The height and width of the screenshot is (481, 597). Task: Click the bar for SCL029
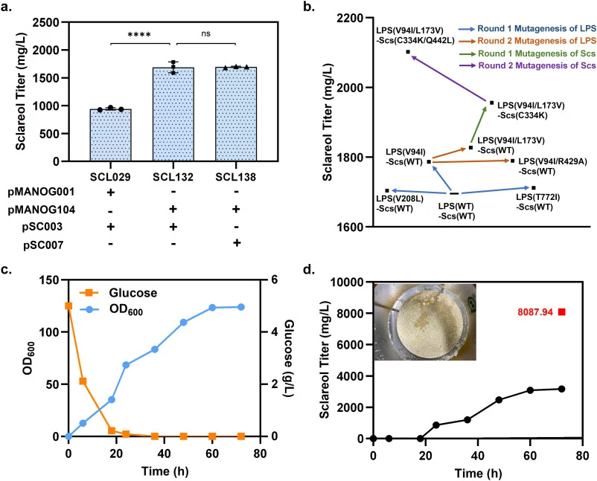[110, 135]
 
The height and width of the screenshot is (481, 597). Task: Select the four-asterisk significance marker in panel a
[139, 35]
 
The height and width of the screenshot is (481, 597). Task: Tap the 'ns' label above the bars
[205, 34]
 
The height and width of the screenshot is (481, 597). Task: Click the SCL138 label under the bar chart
[236, 177]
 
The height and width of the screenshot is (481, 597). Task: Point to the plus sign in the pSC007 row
[237, 243]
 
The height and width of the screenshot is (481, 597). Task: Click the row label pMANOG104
[42, 210]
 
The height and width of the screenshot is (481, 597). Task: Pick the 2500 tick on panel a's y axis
[45, 22]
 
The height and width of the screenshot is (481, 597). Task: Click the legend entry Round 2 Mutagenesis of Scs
[537, 65]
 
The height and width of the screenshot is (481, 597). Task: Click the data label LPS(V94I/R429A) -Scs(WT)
[553, 167]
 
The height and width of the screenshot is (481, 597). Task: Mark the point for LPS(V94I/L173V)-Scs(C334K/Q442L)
[408, 52]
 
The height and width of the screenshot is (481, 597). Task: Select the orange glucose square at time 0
[68, 306]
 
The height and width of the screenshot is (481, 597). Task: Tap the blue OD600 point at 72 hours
[241, 307]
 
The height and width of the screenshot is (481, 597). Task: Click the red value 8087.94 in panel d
[535, 312]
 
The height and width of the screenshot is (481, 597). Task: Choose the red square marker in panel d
[561, 312]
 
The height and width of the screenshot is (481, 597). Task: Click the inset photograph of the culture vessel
[425, 322]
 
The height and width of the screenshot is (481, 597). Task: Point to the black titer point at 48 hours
[499, 400]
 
